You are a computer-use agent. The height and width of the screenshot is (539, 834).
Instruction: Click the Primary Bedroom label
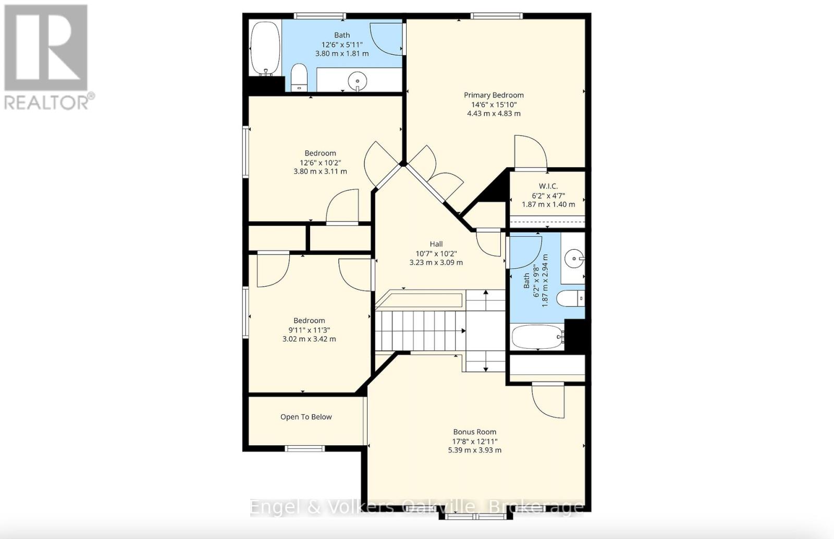[x=494, y=95]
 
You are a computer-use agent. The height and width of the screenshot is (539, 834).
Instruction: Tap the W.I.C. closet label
[x=548, y=186]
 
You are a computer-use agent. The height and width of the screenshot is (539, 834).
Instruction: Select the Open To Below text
[x=306, y=416]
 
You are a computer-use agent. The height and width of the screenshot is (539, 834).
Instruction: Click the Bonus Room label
[x=474, y=432]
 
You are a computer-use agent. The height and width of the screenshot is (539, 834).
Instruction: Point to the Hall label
[x=436, y=244]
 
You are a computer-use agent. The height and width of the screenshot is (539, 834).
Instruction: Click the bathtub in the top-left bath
[x=265, y=48]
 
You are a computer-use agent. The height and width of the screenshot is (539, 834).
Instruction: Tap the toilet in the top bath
[x=299, y=77]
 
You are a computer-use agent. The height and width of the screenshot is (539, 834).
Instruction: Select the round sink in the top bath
[x=358, y=81]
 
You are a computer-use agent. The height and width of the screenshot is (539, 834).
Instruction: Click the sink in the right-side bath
[x=573, y=258]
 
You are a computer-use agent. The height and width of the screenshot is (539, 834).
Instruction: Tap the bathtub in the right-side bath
[x=537, y=337]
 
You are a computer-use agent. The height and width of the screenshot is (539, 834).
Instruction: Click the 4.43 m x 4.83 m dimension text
[x=494, y=113]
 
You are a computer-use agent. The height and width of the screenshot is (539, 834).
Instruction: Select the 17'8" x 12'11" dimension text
[x=474, y=441]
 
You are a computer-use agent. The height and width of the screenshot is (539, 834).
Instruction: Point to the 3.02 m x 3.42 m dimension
[x=309, y=339]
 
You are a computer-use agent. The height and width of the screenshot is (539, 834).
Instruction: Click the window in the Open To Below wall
[x=305, y=448]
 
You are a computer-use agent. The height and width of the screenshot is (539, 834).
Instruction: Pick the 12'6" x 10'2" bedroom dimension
[x=320, y=162]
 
